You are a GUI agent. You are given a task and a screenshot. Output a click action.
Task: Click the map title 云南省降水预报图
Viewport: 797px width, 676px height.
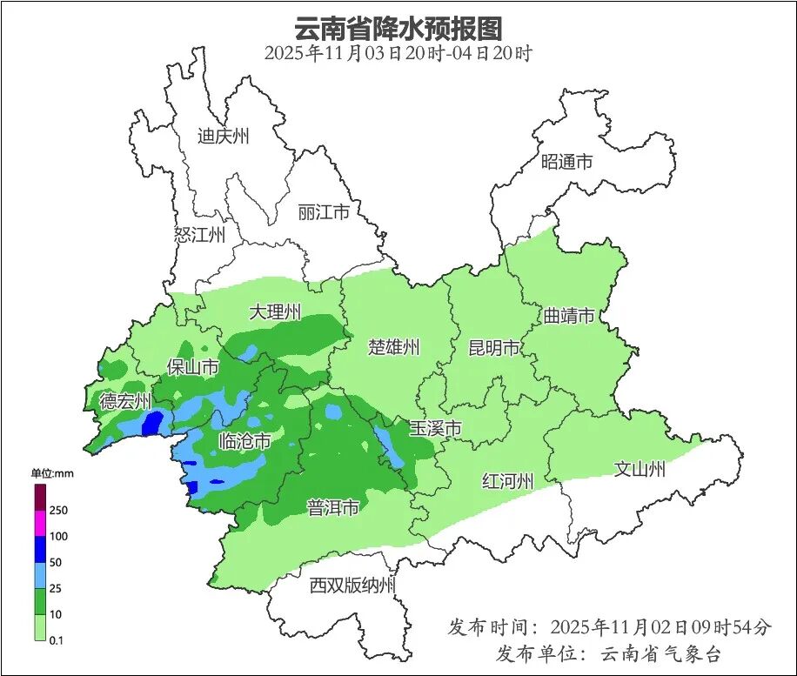click(x=398, y=29)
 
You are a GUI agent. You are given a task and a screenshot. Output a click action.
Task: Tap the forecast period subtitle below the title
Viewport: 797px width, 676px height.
click(x=398, y=53)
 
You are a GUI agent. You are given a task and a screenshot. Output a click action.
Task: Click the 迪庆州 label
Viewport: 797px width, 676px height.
click(x=223, y=137)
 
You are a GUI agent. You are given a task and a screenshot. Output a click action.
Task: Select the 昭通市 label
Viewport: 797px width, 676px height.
click(x=566, y=162)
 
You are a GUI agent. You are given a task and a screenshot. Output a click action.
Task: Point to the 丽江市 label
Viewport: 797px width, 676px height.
click(x=323, y=212)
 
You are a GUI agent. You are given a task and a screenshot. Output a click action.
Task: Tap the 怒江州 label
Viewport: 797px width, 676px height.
click(x=199, y=235)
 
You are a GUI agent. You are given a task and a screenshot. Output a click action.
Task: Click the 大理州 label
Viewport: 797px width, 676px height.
click(x=275, y=312)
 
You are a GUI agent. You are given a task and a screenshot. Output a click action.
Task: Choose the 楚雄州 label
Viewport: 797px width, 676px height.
click(x=394, y=348)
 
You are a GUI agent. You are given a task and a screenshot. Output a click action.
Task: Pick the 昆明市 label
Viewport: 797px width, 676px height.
click(x=493, y=348)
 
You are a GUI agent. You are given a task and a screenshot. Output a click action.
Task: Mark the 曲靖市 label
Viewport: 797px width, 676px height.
click(x=568, y=316)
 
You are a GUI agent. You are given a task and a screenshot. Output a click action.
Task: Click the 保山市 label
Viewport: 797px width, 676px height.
click(x=192, y=368)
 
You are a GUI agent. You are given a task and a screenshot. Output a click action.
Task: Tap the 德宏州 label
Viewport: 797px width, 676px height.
click(x=125, y=402)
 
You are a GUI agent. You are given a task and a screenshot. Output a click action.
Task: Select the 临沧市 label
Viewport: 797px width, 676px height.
click(x=244, y=442)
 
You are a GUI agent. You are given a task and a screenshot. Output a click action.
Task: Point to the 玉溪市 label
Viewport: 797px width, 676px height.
click(x=435, y=428)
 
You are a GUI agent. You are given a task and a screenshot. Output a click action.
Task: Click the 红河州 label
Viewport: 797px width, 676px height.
click(x=508, y=481)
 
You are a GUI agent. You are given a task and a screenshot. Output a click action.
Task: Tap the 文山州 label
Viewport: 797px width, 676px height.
click(x=640, y=470)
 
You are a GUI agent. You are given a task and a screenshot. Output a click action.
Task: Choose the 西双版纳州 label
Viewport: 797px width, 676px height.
click(x=352, y=586)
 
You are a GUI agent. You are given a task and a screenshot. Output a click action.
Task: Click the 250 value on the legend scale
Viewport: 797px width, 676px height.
click(x=58, y=510)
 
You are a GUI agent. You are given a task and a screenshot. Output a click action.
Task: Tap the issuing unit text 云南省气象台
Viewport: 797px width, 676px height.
click(x=661, y=653)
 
